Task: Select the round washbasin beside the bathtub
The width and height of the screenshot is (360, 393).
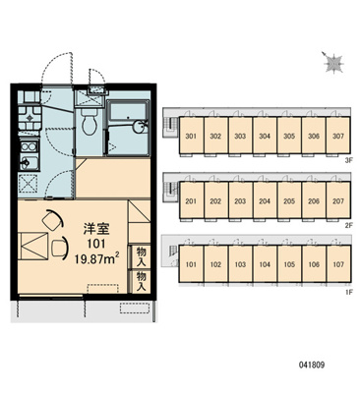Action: [140, 127]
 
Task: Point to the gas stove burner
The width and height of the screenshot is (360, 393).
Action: [30, 117]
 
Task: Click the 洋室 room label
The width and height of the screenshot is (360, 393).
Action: [96, 229]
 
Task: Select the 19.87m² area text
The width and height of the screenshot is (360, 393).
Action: [96, 259]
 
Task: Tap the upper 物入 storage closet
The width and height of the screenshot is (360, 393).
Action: [141, 256]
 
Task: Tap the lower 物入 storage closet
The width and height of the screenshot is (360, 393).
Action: [141, 281]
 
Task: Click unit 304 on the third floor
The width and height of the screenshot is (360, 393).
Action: [265, 136]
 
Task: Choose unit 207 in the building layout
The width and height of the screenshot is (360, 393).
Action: [338, 200]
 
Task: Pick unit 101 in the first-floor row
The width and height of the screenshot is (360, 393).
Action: [191, 264]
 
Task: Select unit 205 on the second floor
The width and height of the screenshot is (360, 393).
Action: [289, 200]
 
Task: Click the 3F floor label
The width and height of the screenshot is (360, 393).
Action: [348, 161]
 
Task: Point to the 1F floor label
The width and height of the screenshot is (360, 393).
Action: [348, 292]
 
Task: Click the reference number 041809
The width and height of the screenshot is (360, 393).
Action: [312, 365]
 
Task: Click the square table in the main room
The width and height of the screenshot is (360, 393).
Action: [32, 247]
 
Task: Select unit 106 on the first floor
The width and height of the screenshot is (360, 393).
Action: [314, 264]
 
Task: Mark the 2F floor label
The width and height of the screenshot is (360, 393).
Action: [348, 225]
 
